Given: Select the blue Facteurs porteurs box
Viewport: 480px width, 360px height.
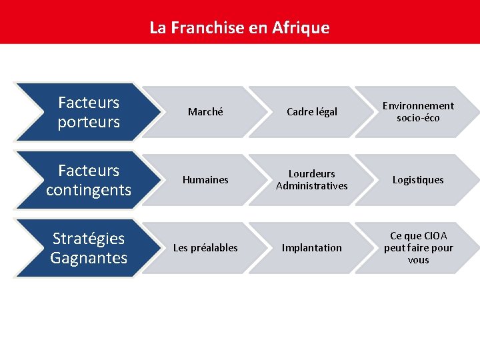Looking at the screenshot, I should [x=83, y=112].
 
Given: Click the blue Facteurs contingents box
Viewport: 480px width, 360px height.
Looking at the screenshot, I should [x=83, y=180].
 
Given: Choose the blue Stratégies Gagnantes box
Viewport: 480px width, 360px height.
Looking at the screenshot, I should [x=83, y=248].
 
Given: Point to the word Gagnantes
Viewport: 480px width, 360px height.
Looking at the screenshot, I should [x=89, y=257].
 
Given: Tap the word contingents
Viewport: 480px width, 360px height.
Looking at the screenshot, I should [x=89, y=190].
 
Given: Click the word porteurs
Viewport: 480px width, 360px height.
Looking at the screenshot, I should [x=89, y=122].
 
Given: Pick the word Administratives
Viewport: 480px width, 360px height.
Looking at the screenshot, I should [x=312, y=186].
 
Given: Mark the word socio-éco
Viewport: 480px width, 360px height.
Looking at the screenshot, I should [x=418, y=118].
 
